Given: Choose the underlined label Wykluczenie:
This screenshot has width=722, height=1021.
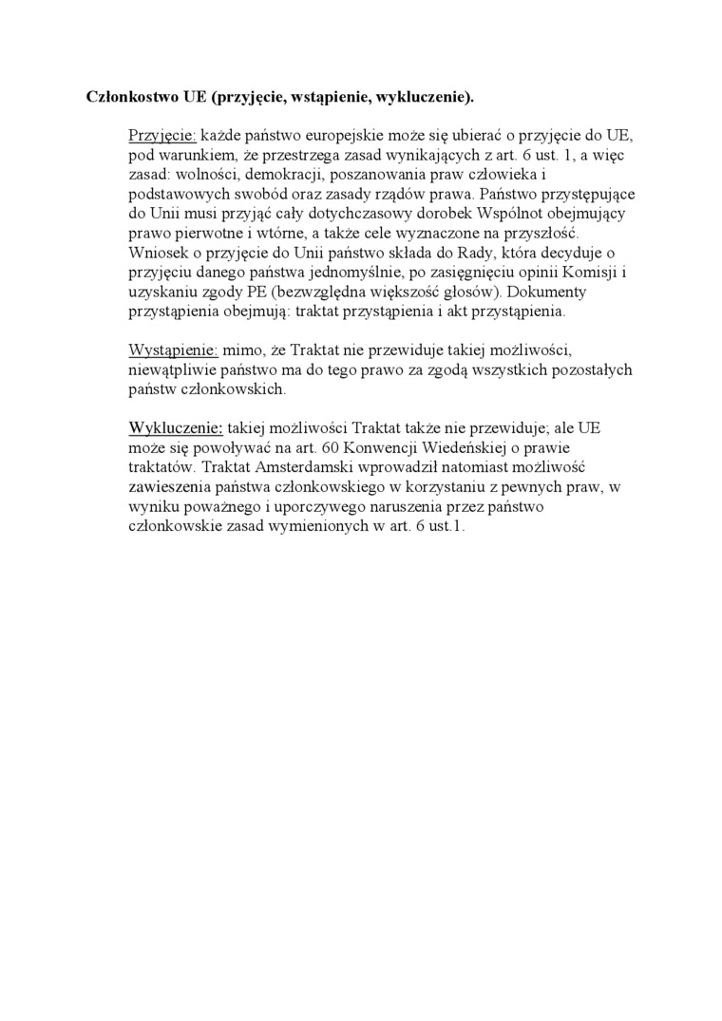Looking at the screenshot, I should pyautogui.click(x=176, y=428).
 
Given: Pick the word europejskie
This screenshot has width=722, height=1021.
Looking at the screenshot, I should pyautogui.click(x=328, y=136).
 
